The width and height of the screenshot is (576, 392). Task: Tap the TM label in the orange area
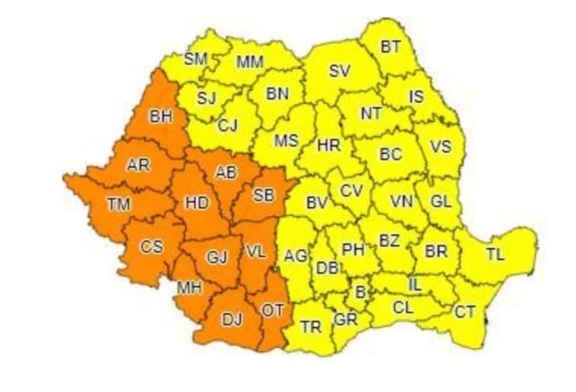120,205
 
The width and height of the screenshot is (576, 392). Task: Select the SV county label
338,71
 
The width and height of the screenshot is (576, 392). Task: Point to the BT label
390,48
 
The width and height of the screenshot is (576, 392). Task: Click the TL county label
495,253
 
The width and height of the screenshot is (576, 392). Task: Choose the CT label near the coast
464,311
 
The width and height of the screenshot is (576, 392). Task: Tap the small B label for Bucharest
360,292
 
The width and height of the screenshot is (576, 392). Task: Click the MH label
189,288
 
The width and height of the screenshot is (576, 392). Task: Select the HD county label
197,203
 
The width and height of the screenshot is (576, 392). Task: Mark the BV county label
317,204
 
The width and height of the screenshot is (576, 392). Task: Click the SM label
196,58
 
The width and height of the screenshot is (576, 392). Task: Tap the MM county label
250,62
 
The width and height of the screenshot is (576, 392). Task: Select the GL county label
441,202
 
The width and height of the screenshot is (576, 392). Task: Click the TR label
311,327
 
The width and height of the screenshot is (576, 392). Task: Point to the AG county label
295,254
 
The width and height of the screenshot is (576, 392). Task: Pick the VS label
441,146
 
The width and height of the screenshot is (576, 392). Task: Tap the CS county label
151,246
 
